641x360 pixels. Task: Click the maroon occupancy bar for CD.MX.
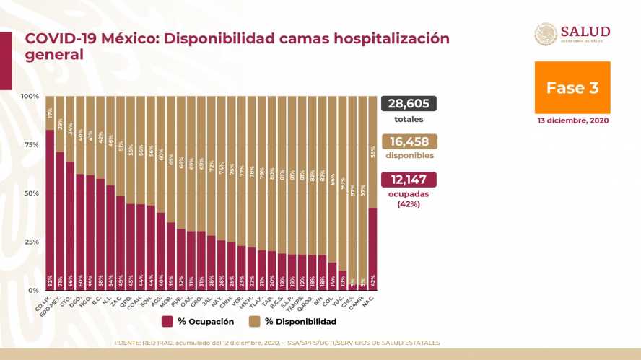click(x=50, y=209)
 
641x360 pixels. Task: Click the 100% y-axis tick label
click(x=30, y=96)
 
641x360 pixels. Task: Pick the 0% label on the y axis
click(x=33, y=290)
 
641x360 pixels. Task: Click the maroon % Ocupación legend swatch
click(x=167, y=321)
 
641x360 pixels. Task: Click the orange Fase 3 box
click(x=572, y=87)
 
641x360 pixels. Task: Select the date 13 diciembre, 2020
click(x=572, y=120)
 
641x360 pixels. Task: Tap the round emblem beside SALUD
click(x=546, y=34)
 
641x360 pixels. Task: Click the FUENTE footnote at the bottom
click(x=277, y=342)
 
